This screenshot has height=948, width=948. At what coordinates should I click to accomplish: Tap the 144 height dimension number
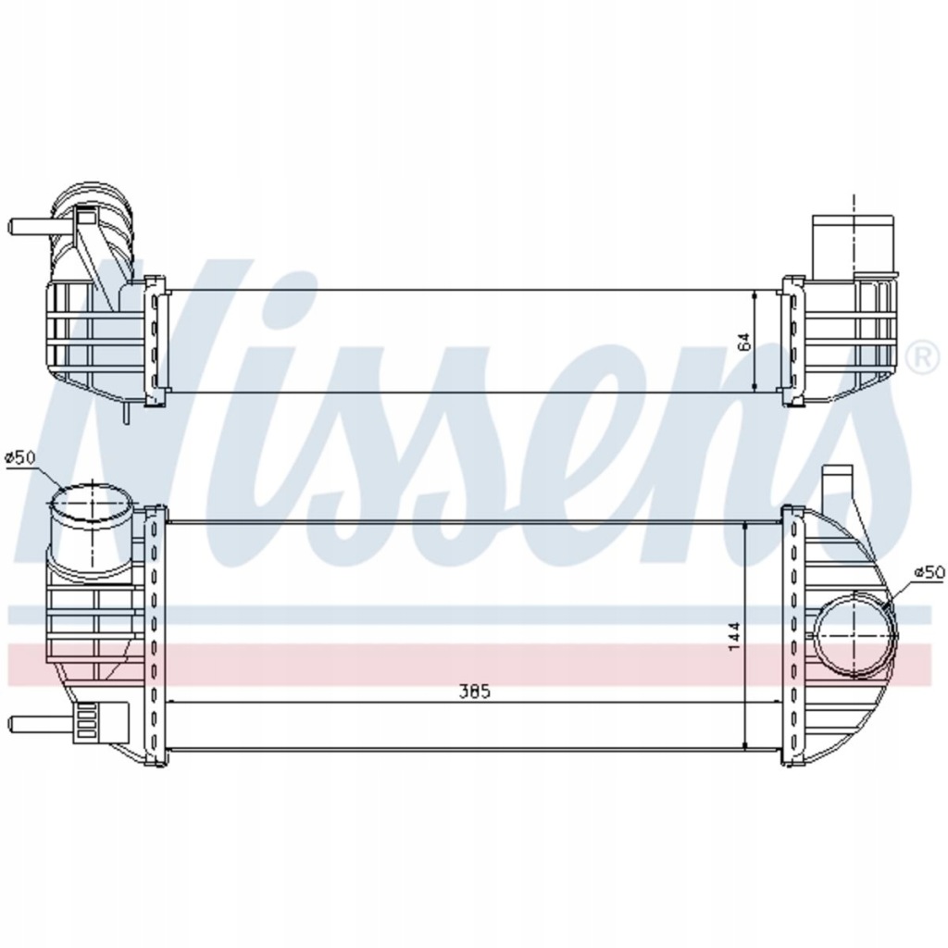(734, 636)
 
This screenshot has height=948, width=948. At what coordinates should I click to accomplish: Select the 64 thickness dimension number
(744, 340)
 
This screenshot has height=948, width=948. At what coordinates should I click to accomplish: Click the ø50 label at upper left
(19, 456)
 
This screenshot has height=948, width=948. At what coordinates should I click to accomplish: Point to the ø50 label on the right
(929, 573)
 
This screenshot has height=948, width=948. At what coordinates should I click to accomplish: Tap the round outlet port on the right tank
(856, 637)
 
